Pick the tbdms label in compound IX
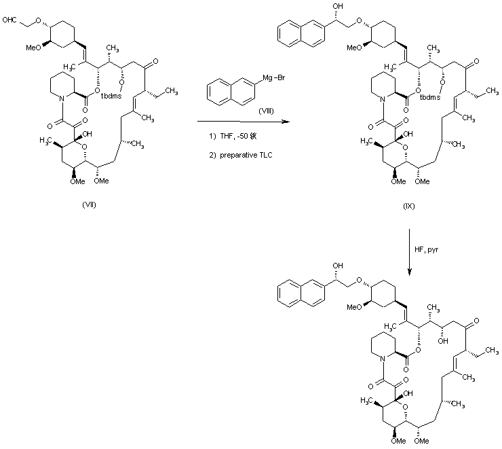click(430, 97)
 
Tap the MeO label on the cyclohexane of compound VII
click(36, 48)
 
